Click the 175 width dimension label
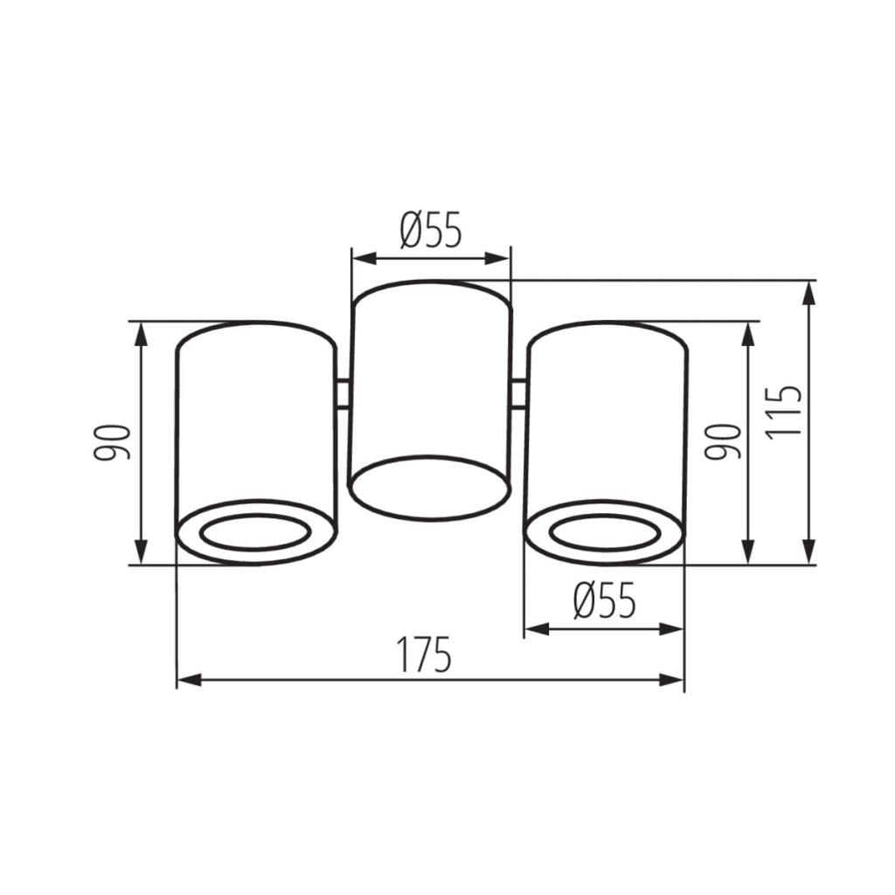click(424, 654)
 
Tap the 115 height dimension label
click(784, 413)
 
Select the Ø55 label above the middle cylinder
click(430, 230)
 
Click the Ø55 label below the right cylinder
click(605, 600)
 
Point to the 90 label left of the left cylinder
click(112, 442)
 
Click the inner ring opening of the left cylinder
click(255, 532)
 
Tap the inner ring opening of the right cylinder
click(605, 532)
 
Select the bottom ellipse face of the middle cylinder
click(428, 488)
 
